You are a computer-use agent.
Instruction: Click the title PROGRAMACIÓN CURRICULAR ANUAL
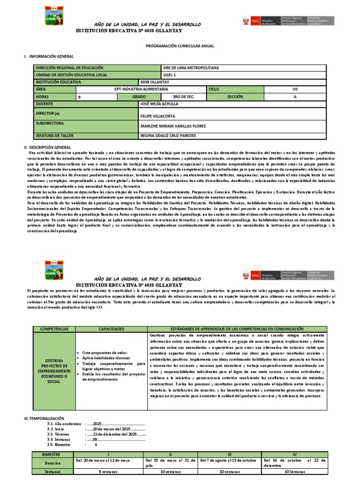180,46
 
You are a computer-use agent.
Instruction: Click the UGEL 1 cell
169,75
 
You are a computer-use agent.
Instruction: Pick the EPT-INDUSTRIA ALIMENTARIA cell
141,89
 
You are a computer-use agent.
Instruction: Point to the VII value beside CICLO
295,89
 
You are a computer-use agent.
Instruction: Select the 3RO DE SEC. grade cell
183,96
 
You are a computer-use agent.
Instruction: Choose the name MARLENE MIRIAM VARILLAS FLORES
173,126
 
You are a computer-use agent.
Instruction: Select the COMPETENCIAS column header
54,330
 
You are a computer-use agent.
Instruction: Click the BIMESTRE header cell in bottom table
52,455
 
